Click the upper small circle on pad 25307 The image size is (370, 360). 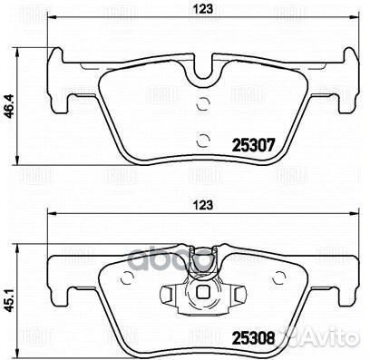coord(203,103)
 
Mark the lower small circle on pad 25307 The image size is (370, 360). coord(203,139)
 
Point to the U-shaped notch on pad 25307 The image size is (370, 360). coord(205,68)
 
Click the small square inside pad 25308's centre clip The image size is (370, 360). coord(205,293)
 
